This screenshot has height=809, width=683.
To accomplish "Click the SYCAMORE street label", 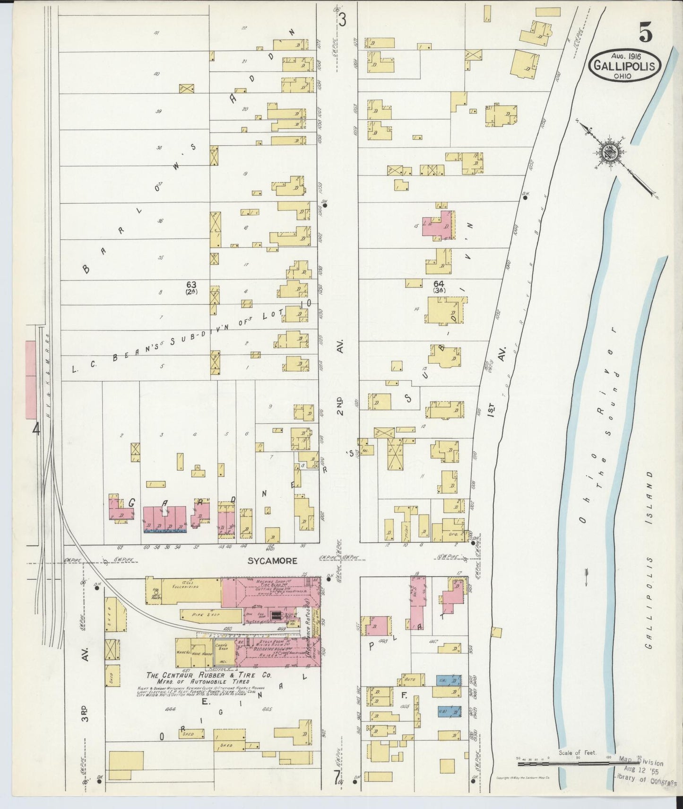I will (x=272, y=561).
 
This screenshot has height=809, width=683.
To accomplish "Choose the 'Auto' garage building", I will (x=410, y=680).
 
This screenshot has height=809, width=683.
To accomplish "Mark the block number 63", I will (x=191, y=284).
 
